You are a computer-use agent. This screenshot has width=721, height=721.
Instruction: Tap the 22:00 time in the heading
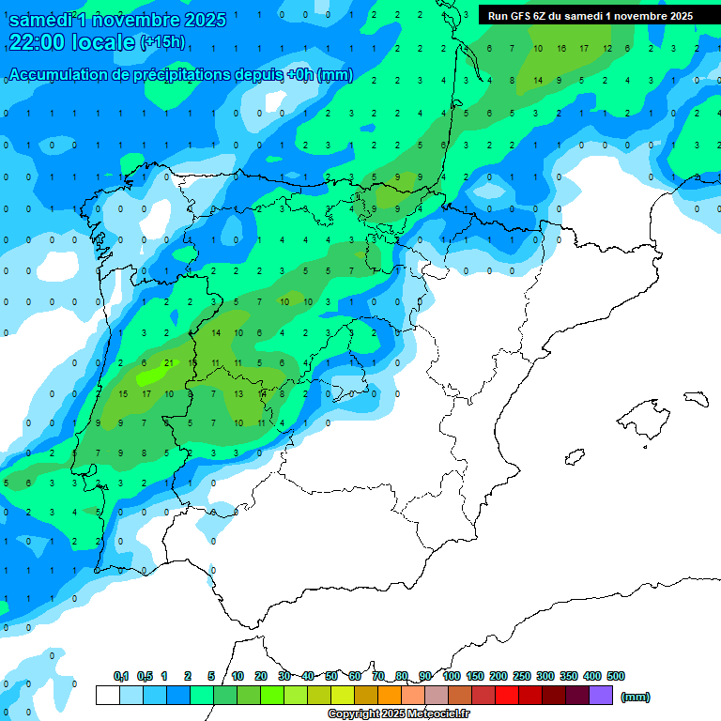tap(38, 41)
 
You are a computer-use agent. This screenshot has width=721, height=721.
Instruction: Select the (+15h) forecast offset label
tap(162, 42)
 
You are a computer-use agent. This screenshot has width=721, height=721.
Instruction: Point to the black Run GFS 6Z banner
tap(590, 15)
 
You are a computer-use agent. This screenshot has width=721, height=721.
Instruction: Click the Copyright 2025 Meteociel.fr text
tap(399, 713)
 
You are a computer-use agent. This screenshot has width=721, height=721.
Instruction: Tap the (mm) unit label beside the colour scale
tap(636, 697)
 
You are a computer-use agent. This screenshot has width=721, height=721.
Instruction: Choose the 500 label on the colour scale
tap(616, 676)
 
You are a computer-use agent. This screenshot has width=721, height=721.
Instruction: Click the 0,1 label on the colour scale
tap(120, 676)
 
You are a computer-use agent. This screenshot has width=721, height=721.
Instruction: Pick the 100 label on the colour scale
tap(451, 676)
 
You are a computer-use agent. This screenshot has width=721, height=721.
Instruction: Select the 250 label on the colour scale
tap(521, 676)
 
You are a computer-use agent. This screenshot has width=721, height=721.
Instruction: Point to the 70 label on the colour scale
tap(378, 676)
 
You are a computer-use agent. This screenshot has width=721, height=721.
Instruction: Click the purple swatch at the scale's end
tap(601, 696)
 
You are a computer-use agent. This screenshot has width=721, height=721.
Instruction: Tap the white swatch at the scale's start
tap(107, 696)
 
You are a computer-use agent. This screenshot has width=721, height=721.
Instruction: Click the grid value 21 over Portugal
tap(168, 362)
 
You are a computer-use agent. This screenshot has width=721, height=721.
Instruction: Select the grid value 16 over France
tap(560, 48)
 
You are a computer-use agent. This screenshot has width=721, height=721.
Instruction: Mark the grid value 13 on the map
tap(238, 393)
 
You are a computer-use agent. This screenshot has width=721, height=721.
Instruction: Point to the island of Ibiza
tap(573, 457)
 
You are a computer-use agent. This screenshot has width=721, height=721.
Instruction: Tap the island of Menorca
tap(696, 397)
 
